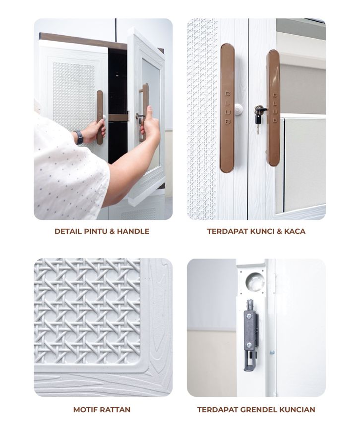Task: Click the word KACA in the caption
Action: coord(295,231)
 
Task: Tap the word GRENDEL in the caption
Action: coord(258,410)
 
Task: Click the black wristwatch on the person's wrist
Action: coord(79,137)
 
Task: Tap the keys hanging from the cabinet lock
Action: coord(258,120)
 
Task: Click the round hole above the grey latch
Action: coord(255,281)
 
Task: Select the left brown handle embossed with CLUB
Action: coord(227,108)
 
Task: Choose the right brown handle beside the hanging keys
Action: coord(273,108)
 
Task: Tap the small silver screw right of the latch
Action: coord(272,352)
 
